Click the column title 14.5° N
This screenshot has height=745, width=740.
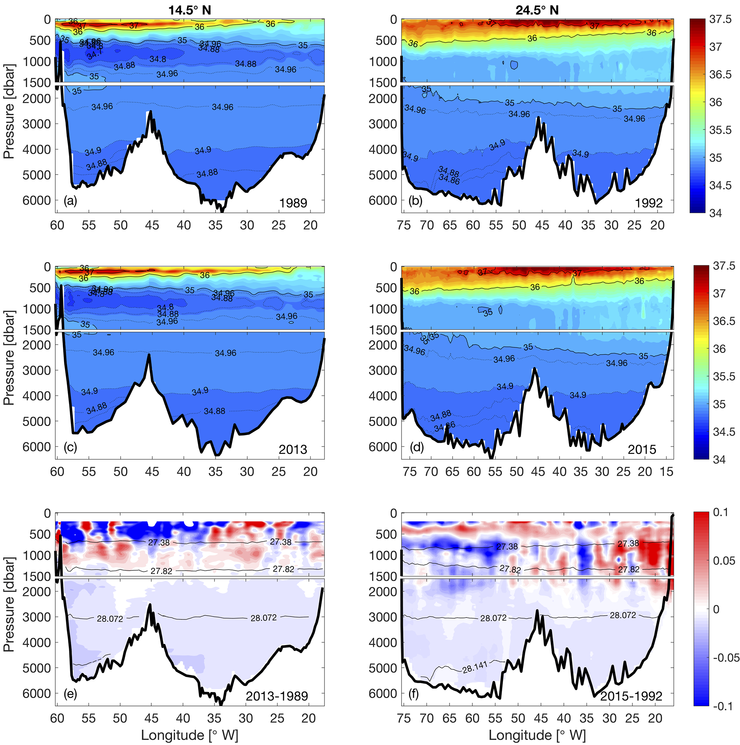(189, 10)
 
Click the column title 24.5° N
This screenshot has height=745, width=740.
(537, 10)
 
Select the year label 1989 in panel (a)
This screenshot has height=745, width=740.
(293, 203)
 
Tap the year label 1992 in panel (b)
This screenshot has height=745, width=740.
(649, 203)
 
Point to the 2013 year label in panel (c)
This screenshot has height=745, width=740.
(293, 449)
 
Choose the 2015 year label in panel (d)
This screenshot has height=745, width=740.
(642, 449)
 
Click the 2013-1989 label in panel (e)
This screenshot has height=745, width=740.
(277, 696)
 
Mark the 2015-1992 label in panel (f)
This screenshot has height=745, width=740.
(631, 696)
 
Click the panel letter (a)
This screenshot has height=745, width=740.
(71, 200)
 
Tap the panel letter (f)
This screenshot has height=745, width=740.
(415, 694)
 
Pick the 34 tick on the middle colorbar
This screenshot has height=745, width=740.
(719, 460)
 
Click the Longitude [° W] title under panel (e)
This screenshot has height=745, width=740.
(189, 735)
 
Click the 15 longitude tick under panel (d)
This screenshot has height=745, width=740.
(667, 471)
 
